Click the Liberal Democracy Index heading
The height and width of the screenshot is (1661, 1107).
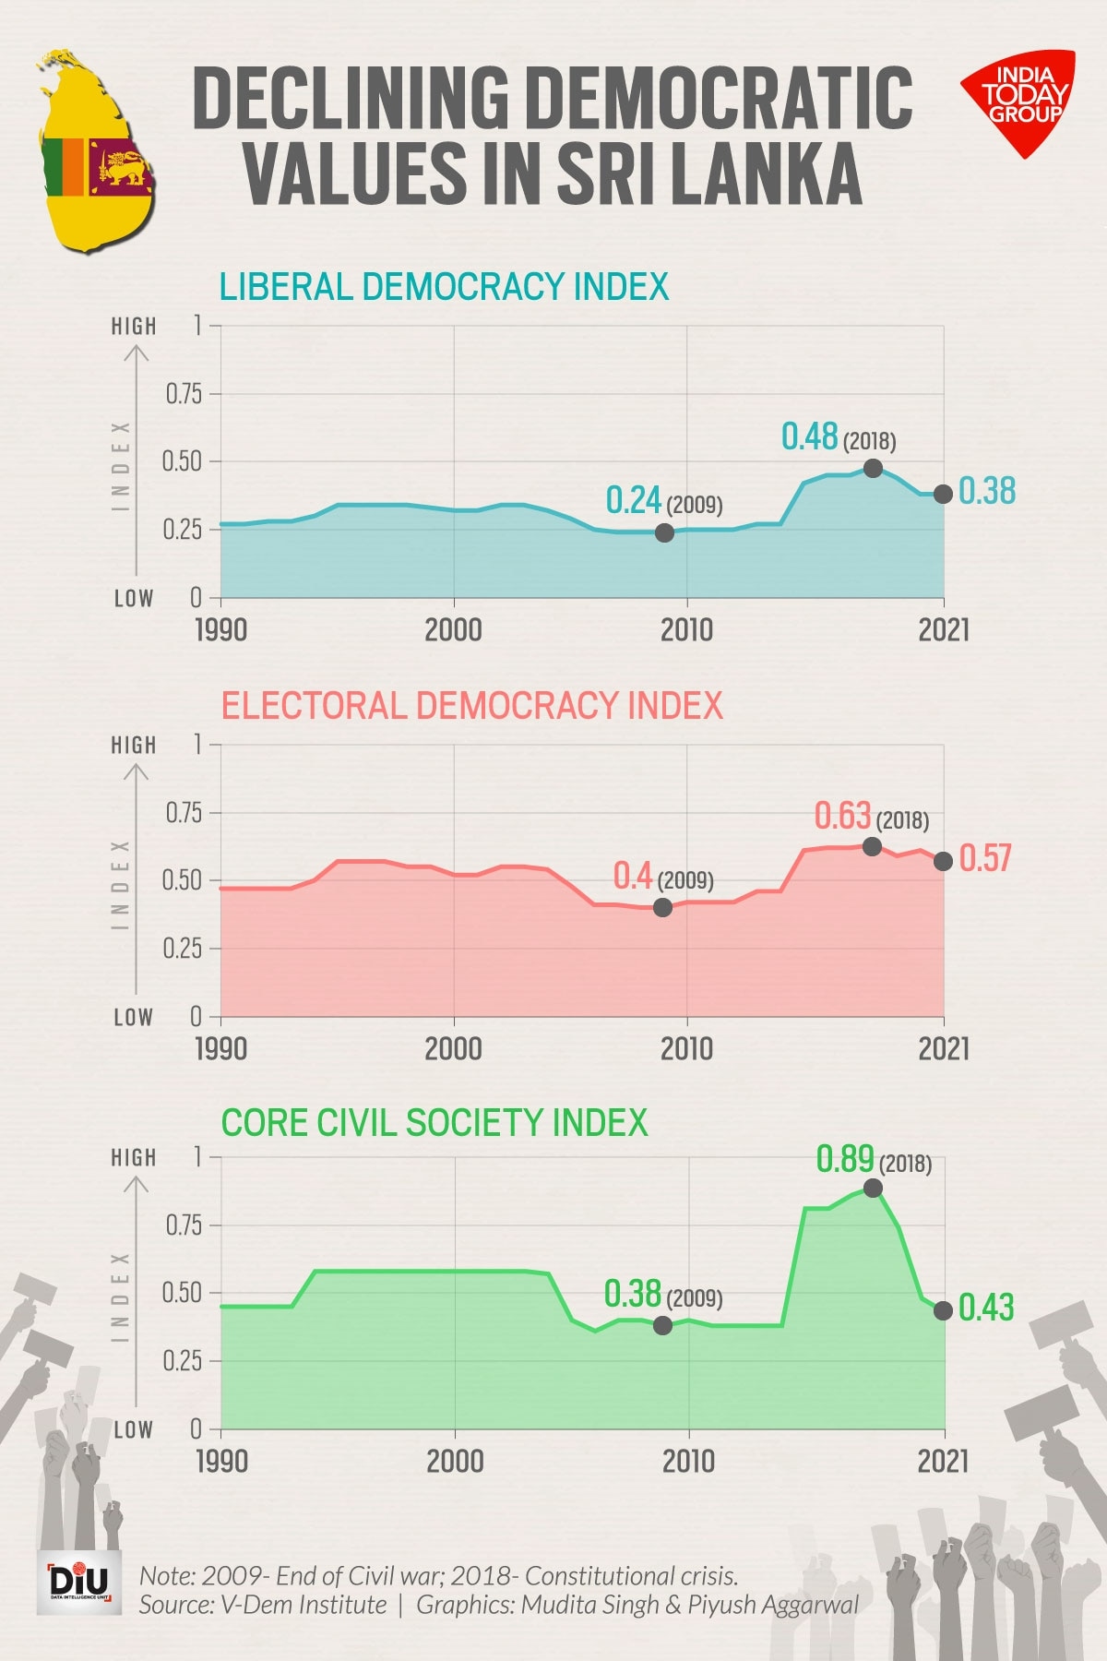[444, 287]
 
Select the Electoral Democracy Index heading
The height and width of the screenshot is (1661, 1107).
[471, 706]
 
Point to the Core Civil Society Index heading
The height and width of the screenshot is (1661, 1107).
[434, 1123]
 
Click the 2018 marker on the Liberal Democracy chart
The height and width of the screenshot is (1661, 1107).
[873, 468]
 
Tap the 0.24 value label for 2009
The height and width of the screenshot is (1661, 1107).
[634, 500]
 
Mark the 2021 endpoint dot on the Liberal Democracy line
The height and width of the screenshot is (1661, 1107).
[943, 494]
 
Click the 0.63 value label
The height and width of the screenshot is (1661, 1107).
[842, 816]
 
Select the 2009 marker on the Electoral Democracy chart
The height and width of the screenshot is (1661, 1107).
[662, 908]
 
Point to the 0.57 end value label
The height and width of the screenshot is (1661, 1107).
[985, 858]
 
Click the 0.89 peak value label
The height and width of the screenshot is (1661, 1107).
[845, 1159]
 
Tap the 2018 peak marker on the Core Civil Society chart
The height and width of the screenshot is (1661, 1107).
[873, 1188]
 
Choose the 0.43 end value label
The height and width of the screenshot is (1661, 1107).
[986, 1308]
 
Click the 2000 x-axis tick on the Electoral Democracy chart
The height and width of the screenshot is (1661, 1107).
[453, 1048]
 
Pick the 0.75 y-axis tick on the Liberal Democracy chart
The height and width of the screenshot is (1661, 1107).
[184, 394]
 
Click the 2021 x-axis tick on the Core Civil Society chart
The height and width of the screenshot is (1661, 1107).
[944, 1461]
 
